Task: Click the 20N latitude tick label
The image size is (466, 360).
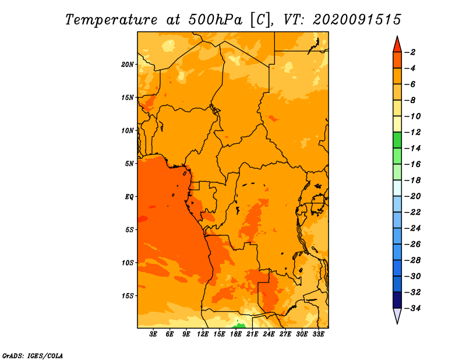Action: pyautogui.click(x=128, y=65)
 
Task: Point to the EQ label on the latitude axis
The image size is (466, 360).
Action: pyautogui.click(x=129, y=197)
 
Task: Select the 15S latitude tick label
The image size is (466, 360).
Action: pyautogui.click(x=128, y=296)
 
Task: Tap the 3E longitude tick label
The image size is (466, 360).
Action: pyautogui.click(x=153, y=334)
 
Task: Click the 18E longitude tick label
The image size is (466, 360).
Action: pyautogui.click(x=236, y=334)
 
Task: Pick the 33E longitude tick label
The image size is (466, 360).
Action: pyautogui.click(x=318, y=334)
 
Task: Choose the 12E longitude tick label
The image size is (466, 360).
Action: pyautogui.click(x=203, y=334)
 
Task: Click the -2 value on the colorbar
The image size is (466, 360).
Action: pyautogui.click(x=410, y=52)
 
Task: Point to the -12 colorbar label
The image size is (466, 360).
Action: pyautogui.click(x=412, y=132)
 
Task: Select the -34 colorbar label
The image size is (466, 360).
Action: pyautogui.click(x=412, y=308)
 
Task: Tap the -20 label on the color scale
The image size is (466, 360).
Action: pyautogui.click(x=412, y=196)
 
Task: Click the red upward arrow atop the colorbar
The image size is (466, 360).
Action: pyautogui.click(x=397, y=45)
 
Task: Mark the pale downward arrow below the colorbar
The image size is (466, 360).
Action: pyautogui.click(x=397, y=315)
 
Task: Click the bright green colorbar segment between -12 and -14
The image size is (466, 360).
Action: pyautogui.click(x=397, y=140)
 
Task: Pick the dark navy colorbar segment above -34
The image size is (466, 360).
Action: pyautogui.click(x=397, y=300)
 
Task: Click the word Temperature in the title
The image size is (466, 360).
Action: pyautogui.click(x=111, y=20)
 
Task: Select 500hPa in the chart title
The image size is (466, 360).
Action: pyautogui.click(x=216, y=20)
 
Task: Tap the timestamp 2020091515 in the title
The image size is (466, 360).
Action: pyautogui.click(x=357, y=20)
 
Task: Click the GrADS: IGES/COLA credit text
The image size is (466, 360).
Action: pyautogui.click(x=33, y=355)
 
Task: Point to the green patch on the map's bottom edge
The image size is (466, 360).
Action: pyautogui.click(x=240, y=326)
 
